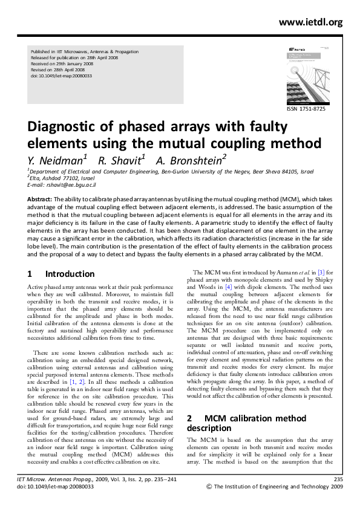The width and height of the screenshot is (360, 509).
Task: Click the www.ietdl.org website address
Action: point(310,22)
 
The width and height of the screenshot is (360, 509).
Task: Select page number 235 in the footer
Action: point(338,479)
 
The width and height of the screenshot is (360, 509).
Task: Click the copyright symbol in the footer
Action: point(209,486)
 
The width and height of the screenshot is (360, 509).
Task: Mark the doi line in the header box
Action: point(57,76)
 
